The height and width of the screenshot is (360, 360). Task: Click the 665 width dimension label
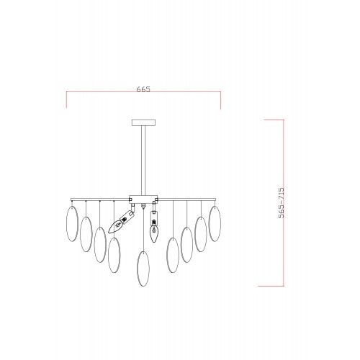(143, 89)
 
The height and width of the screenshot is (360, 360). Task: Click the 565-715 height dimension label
(281, 203)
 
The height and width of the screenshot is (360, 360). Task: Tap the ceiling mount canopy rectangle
(143, 122)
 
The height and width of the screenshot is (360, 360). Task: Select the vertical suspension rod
(143, 161)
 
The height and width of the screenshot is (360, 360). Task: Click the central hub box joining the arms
(143, 199)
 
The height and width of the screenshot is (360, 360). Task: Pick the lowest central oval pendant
(143, 269)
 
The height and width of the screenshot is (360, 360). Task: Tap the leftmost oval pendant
(72, 224)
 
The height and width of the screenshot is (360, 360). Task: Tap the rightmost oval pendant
(215, 224)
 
